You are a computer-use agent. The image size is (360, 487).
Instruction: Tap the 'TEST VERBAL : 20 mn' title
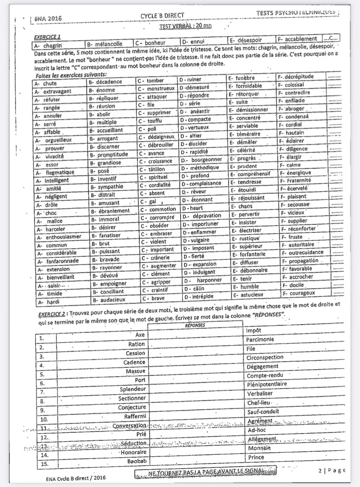pos(185,26)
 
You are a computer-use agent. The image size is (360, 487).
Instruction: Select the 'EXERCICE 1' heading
pos(47,37)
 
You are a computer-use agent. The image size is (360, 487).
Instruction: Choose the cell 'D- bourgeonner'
pos(202,160)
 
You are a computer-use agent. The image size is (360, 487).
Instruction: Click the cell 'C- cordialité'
pos(156,185)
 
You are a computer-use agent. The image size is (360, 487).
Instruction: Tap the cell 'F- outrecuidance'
pos(303,252)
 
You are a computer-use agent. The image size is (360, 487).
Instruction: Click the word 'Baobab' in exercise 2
pos(137,461)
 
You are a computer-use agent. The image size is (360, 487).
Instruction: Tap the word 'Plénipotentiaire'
pos(267,384)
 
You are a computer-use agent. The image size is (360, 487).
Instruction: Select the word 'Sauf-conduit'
pos(263,412)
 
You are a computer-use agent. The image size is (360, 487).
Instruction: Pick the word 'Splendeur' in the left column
pos(133,389)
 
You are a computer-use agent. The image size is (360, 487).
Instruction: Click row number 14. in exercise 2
pos(45,455)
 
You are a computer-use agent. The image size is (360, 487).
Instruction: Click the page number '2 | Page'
pos(332,470)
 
